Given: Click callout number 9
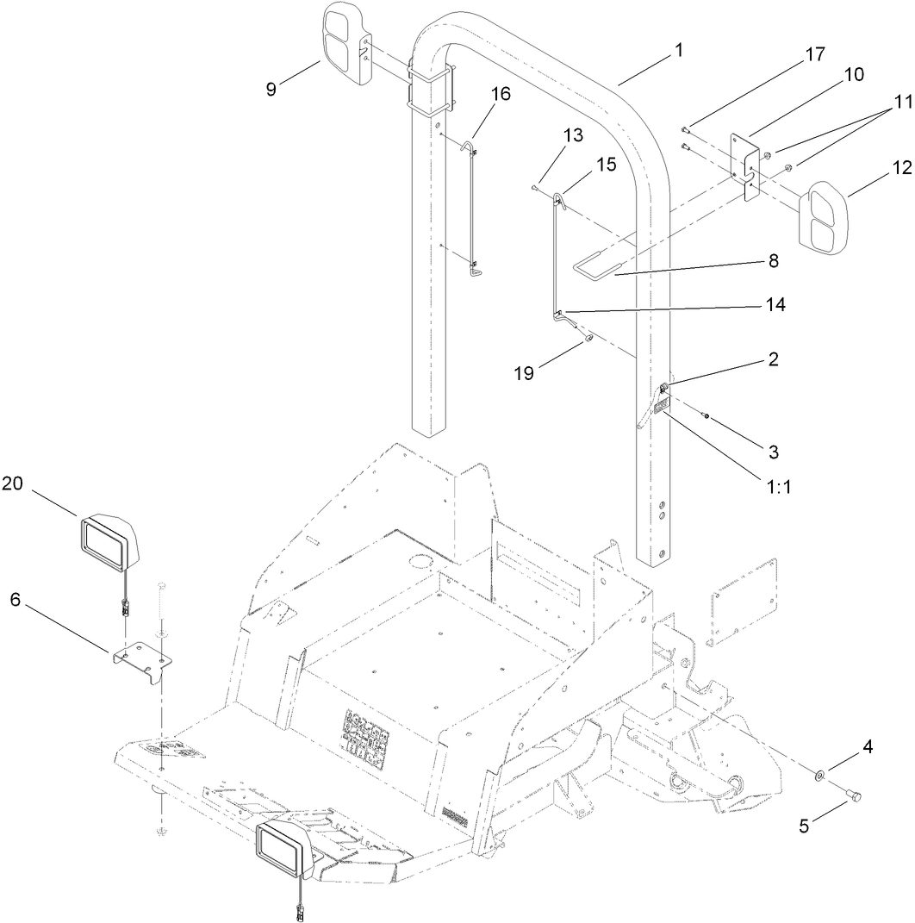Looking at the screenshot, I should (271, 89).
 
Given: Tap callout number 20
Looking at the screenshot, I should (12, 484).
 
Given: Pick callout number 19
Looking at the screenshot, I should (525, 373).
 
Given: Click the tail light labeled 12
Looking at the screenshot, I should (823, 217).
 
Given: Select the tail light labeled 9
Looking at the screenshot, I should (346, 43).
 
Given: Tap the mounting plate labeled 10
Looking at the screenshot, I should (746, 167).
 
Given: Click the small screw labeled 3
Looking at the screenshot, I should (705, 417).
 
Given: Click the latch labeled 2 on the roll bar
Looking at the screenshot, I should (663, 388).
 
